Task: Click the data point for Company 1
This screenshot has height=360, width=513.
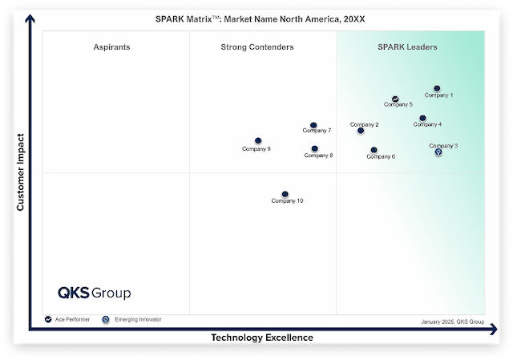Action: click(x=437, y=88)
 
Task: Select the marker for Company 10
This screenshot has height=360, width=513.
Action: click(x=285, y=194)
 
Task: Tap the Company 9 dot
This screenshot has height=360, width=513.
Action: click(x=258, y=141)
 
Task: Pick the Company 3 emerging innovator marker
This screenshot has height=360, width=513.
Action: click(x=438, y=152)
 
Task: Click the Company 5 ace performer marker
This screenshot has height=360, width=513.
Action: click(x=395, y=99)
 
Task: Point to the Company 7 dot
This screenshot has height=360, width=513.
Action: click(x=313, y=125)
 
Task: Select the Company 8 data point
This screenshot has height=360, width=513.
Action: click(x=314, y=148)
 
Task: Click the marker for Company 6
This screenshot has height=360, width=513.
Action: click(x=374, y=150)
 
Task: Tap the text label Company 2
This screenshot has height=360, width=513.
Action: click(x=365, y=124)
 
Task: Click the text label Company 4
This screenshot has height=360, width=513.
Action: click(x=427, y=124)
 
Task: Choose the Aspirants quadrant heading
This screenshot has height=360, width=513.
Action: click(x=111, y=47)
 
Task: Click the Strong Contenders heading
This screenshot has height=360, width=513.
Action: click(x=256, y=47)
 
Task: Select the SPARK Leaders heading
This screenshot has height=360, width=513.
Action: click(x=407, y=47)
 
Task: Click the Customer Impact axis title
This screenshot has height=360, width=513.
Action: click(x=21, y=173)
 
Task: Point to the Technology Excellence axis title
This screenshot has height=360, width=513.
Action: click(x=261, y=338)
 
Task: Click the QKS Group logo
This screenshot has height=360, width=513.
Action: click(x=94, y=293)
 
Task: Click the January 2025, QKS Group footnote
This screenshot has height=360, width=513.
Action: click(x=452, y=321)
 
